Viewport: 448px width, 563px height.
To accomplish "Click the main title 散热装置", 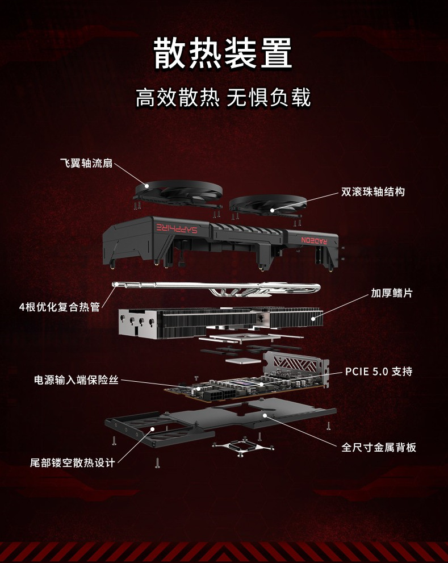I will point(223,53).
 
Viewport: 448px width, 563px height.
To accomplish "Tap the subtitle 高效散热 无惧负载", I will point(223,98).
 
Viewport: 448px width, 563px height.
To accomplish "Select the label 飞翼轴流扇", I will point(86,164).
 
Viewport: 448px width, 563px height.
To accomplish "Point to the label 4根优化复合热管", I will point(59,307).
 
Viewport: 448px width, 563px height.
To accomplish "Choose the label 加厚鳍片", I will point(392,293).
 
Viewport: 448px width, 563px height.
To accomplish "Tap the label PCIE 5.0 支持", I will point(379,372).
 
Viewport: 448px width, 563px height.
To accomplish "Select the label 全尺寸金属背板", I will point(379,447).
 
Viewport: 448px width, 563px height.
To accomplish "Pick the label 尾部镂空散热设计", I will point(72,462).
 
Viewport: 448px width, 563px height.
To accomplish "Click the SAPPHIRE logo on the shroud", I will point(179,227).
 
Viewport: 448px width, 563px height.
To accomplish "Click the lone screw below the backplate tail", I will point(157,463).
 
